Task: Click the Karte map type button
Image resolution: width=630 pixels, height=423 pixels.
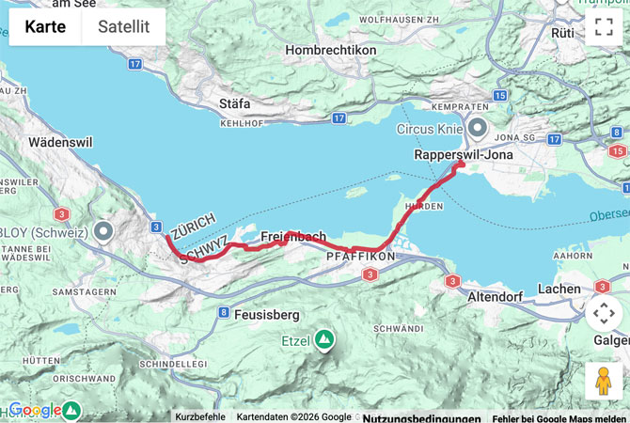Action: point(45,27)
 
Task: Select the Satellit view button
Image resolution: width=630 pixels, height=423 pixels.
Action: point(124,27)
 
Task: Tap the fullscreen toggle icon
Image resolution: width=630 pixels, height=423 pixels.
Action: point(603,26)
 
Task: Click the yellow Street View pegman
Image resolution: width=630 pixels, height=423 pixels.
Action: point(603,381)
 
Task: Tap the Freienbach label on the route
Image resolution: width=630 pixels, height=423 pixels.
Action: point(293,236)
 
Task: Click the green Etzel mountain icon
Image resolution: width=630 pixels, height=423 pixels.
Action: point(324,338)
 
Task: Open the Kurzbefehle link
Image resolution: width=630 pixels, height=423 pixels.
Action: point(199,416)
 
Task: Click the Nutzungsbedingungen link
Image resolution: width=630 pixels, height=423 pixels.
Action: point(421,417)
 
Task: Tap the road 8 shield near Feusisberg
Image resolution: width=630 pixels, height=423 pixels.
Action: point(223,312)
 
